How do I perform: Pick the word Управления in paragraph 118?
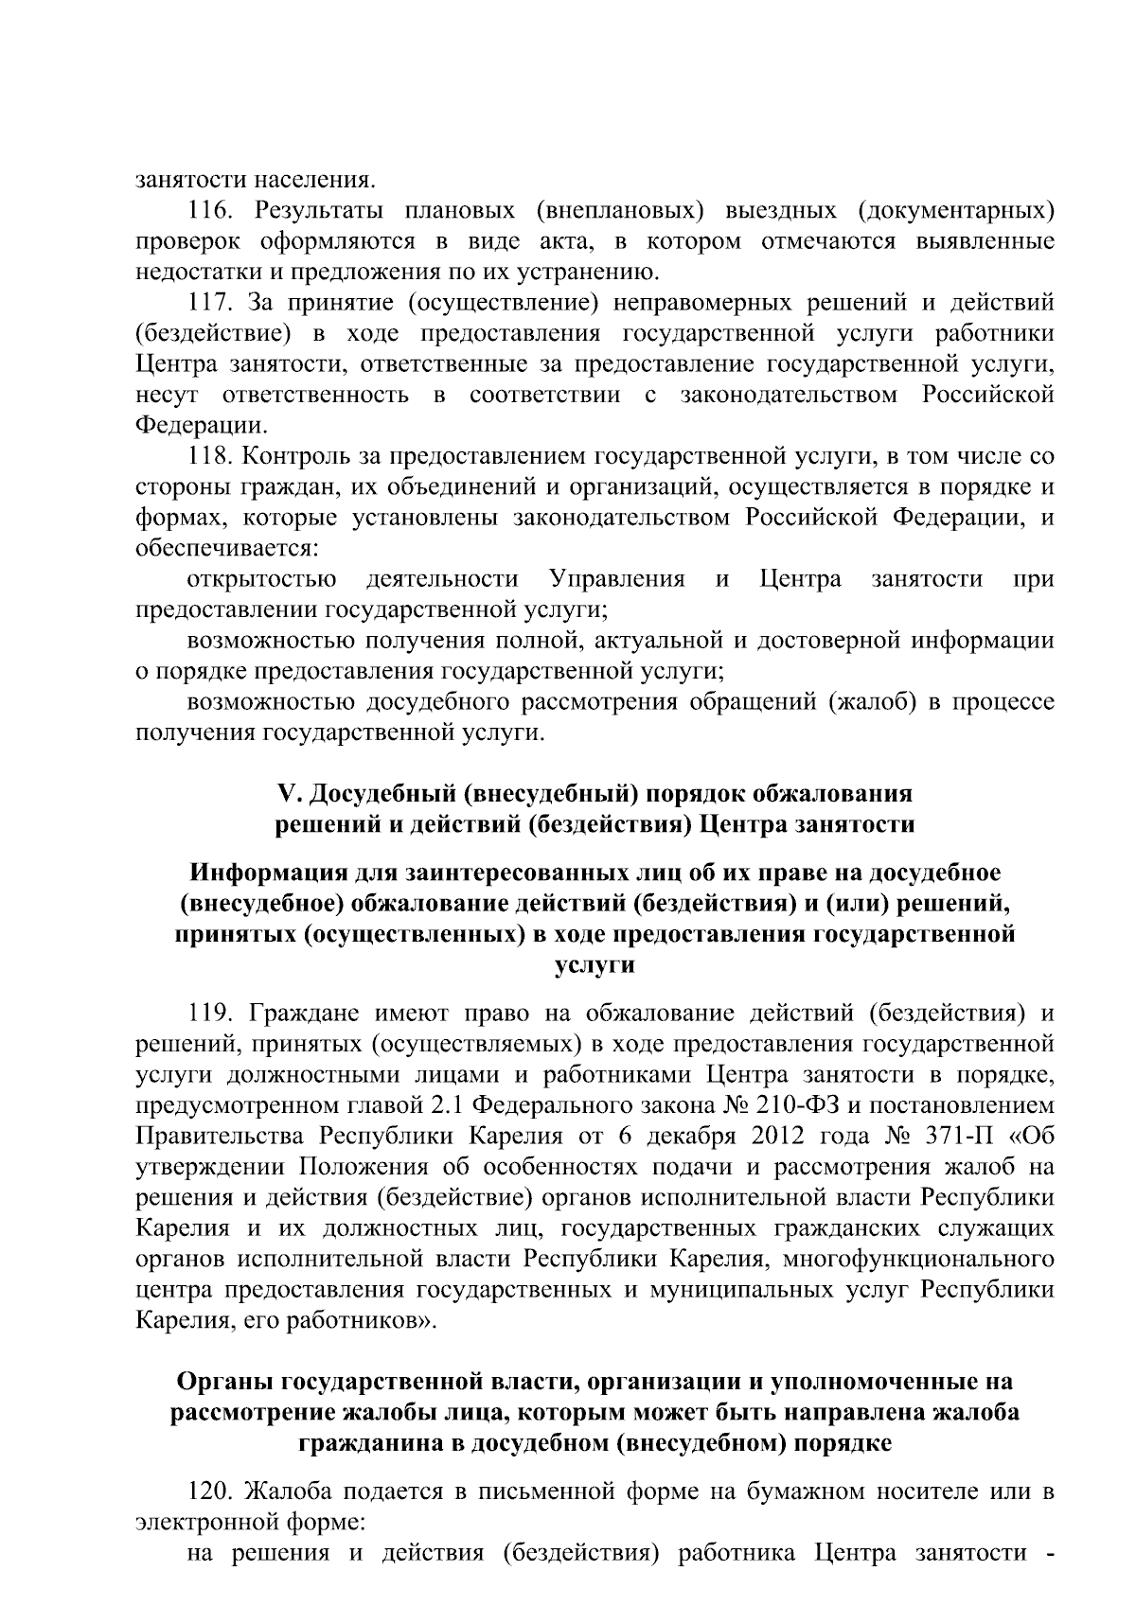tap(617, 579)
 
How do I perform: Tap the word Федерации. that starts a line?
tap(199, 425)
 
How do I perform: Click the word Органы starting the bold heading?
tap(222, 1383)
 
